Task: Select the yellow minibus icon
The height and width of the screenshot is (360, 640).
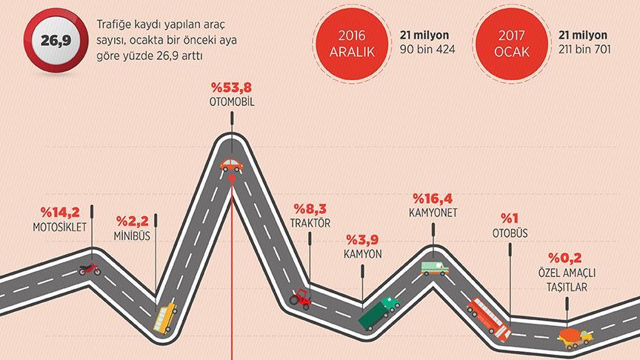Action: [165, 316]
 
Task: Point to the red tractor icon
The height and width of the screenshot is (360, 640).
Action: [300, 298]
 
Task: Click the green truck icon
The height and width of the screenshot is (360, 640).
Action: [379, 313]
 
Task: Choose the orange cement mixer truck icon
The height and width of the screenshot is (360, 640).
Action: [574, 337]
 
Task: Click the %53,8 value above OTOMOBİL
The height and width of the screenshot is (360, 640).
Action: [232, 87]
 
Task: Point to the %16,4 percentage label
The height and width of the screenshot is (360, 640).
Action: [433, 199]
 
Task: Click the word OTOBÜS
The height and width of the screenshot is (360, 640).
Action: [510, 233]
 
